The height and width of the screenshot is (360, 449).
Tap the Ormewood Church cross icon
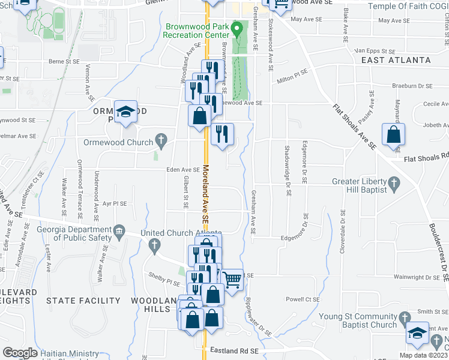pos(160,142)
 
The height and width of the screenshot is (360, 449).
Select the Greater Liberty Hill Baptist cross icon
pos(393,182)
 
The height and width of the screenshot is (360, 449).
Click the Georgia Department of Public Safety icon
pos(119,231)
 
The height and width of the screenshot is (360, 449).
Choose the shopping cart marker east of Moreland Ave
pos(232,278)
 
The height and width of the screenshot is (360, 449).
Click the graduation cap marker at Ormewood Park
pos(126,112)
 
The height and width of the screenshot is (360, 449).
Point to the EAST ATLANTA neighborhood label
pos(396,61)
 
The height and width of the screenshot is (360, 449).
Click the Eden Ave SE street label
pos(182,170)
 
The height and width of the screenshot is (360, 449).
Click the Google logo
pos(20,353)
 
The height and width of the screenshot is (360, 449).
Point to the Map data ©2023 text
pos(423,355)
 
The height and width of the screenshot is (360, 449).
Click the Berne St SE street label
pos(64,61)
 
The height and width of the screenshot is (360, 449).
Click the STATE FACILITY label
pos(83,301)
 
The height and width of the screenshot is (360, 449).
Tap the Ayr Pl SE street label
pos(114,204)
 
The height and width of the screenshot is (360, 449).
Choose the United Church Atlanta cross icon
pos(154,244)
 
